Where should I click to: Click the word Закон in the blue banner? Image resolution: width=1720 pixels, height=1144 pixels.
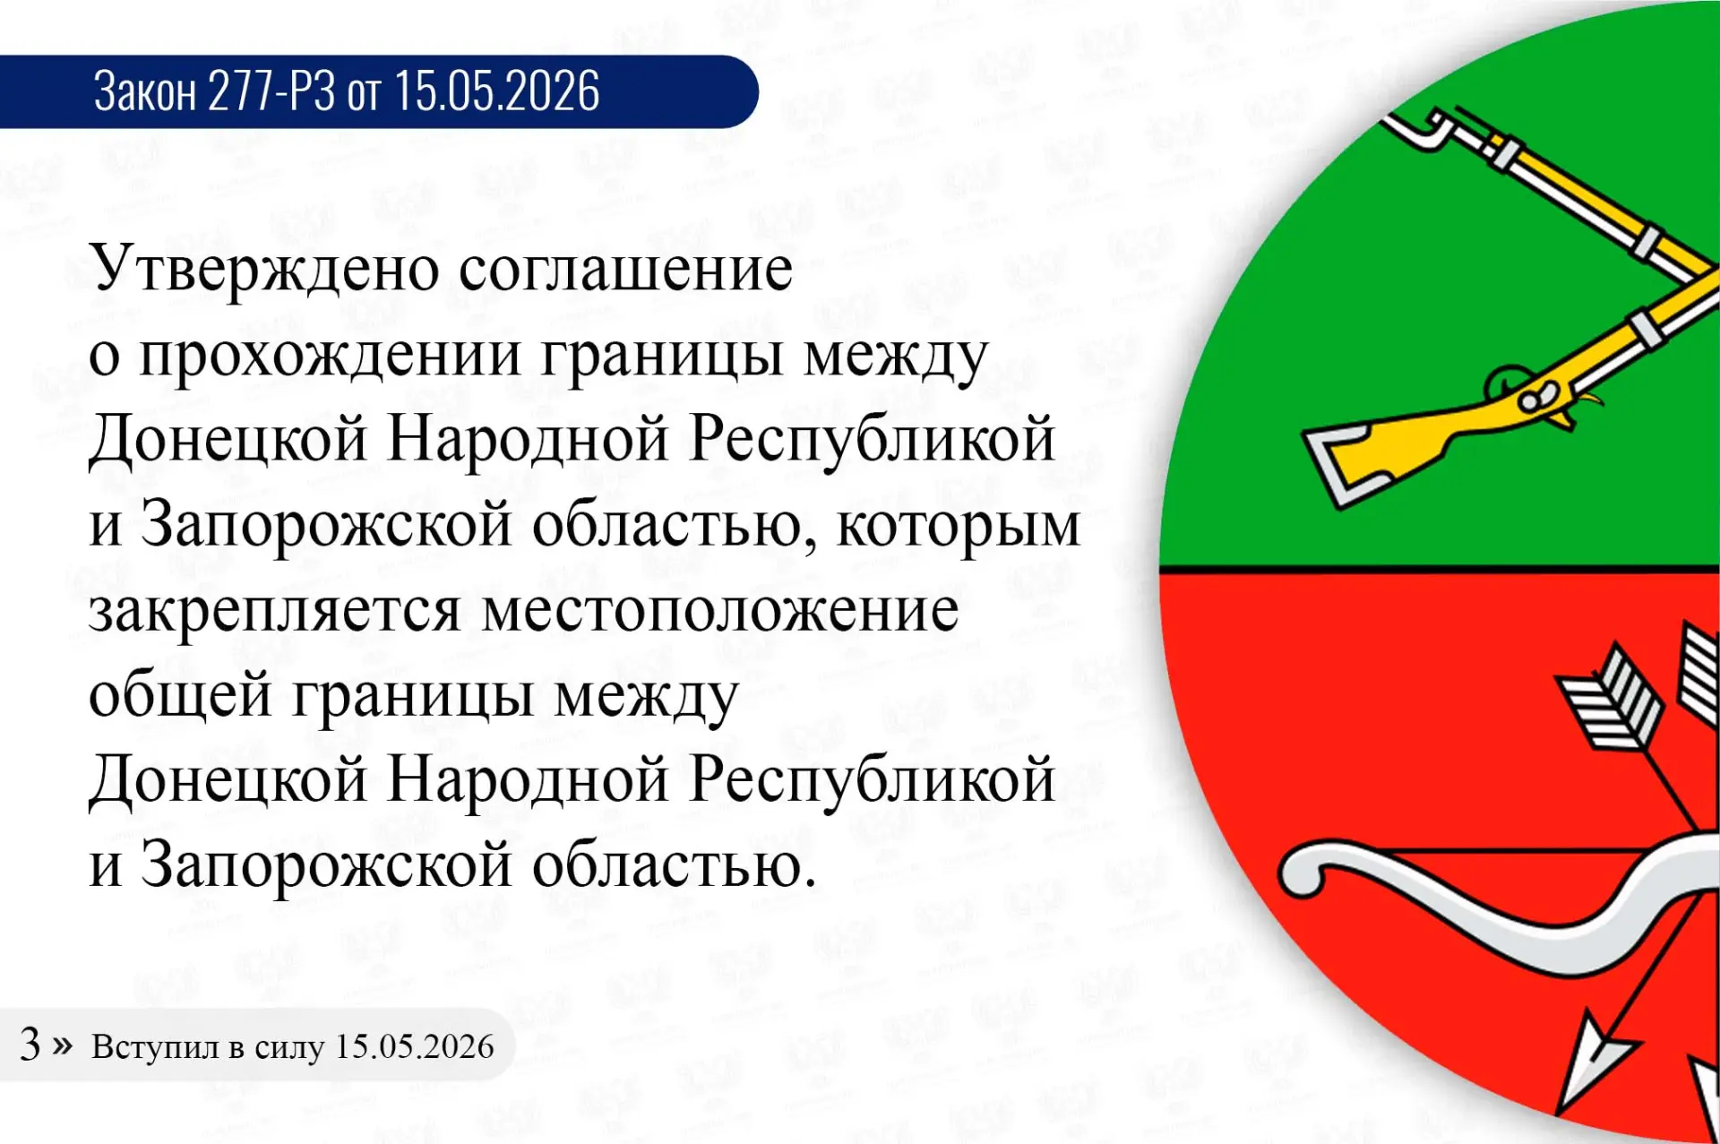144,90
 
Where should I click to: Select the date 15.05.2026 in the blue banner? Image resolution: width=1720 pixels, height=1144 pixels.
497,90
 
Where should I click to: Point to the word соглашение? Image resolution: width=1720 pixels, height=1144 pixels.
626,269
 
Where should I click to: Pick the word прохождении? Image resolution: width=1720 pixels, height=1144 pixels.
331,355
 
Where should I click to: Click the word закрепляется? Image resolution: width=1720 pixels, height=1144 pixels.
275,611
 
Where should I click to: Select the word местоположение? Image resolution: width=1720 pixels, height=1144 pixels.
720,611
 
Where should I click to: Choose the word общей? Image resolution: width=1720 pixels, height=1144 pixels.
180,695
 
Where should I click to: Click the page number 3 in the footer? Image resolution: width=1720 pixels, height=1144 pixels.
30,1045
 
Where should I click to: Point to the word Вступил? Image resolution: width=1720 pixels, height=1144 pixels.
154,1047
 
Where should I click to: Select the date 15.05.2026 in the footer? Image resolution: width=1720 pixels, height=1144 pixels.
414,1046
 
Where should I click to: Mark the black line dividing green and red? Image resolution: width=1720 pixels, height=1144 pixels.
1439,568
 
